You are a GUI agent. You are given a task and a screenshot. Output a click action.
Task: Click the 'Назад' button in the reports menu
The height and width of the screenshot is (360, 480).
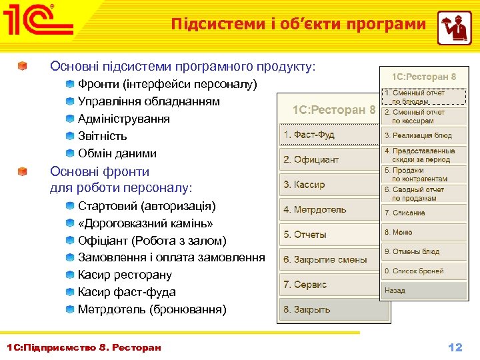[x=423, y=291]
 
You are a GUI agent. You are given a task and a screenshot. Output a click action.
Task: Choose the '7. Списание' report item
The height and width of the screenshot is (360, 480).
[x=423, y=213]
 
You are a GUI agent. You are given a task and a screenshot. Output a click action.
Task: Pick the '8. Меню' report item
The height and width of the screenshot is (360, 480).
[x=423, y=232]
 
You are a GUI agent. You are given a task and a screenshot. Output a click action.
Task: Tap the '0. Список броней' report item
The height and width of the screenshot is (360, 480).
[x=423, y=271]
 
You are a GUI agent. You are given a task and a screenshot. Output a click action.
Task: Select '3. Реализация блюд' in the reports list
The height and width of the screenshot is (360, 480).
[x=423, y=135]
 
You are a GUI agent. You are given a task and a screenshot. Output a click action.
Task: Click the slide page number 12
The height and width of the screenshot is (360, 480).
[x=455, y=347]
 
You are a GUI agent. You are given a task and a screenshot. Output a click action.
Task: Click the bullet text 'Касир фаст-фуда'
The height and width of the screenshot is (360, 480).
[x=127, y=292]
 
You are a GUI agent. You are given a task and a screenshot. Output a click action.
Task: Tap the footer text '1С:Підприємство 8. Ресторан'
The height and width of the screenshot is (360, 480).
[x=83, y=347]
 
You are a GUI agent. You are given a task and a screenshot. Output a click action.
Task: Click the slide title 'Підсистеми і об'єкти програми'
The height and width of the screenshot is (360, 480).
[x=298, y=25]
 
